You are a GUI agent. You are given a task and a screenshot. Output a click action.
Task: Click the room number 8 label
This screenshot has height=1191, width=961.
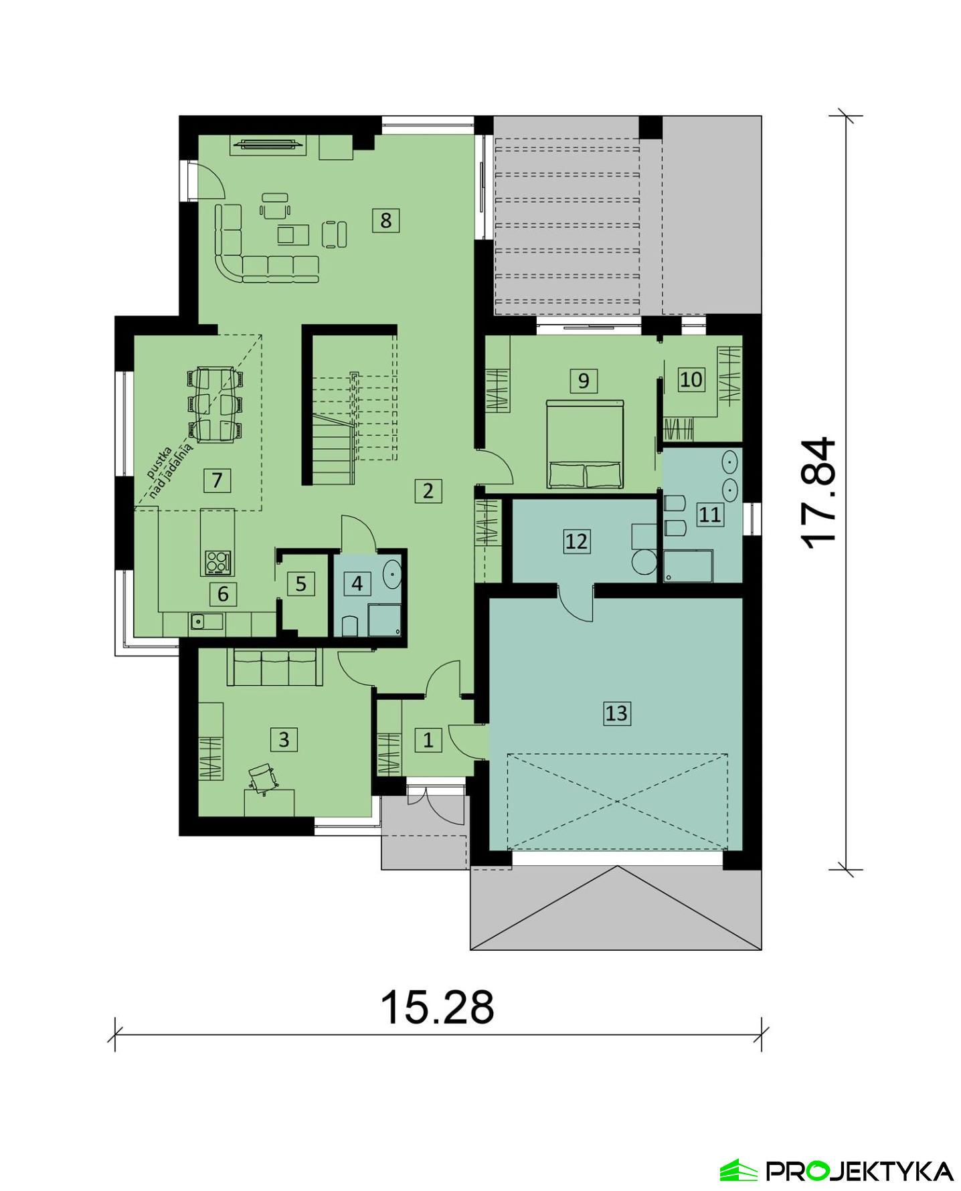[385, 219]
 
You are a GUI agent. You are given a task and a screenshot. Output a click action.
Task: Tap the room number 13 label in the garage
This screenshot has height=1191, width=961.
[616, 713]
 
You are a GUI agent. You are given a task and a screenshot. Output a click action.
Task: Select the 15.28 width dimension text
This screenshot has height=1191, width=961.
[437, 1007]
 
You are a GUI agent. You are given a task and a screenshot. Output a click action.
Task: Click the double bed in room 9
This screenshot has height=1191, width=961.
[585, 444]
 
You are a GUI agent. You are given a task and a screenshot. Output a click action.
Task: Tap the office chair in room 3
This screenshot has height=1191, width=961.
[263, 779]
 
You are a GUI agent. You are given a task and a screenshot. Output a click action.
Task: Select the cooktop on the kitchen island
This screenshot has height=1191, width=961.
[217, 562]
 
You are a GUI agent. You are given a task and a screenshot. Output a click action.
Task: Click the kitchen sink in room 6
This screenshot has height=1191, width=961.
[197, 621]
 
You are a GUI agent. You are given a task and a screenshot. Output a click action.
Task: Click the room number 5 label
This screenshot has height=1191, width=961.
[300, 583]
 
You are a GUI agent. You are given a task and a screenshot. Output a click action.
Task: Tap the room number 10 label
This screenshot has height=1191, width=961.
[691, 379]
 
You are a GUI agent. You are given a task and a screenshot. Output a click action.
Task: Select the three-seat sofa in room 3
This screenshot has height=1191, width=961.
[274, 667]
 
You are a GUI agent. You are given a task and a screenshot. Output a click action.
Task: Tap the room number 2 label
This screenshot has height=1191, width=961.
[428, 490]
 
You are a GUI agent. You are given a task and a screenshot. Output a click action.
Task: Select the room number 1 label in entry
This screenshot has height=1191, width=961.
[428, 739]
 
